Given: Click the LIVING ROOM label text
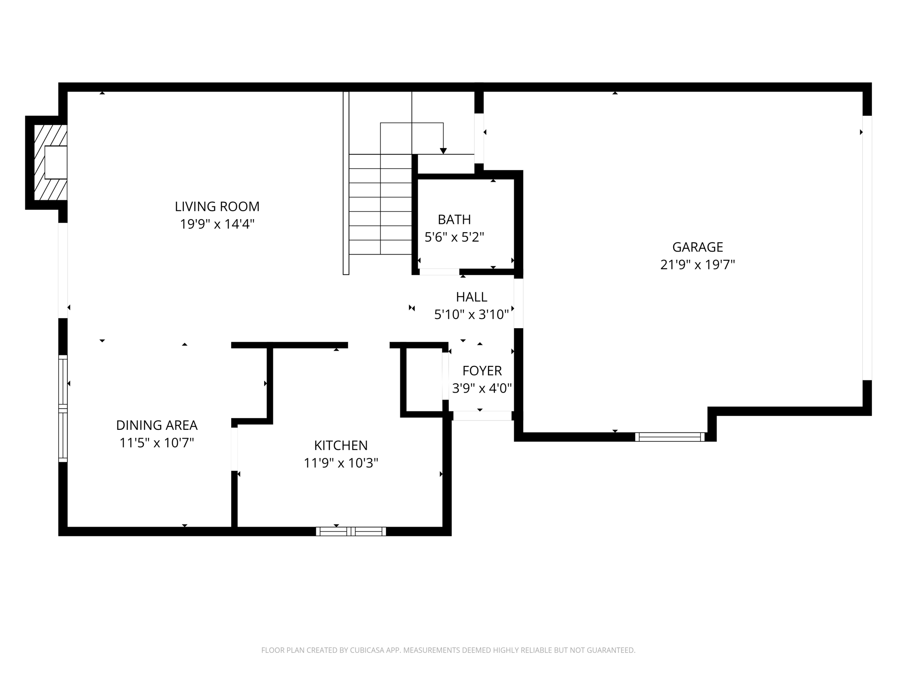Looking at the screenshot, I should coord(217,206).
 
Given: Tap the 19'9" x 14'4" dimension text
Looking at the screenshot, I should coord(217,224).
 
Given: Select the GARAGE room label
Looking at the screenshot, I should coord(697,247).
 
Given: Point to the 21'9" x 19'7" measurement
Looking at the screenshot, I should coord(697,265).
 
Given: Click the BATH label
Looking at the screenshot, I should coord(454,220).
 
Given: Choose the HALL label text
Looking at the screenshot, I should coord(471,297).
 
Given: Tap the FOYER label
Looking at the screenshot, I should coord(482,371).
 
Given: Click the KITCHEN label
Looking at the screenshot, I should coord(341,446).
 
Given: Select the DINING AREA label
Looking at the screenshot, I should coord(157,425).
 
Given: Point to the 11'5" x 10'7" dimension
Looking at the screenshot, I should coord(157,443).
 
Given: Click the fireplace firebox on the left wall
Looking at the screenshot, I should coord(56,163).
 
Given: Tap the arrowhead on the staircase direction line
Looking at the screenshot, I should coord(443,151).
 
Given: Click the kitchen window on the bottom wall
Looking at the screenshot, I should coord(351,531).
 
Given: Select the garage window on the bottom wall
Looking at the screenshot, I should coord(670,437).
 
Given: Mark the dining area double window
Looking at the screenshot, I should coord(63,408).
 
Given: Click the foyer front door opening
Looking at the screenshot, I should coord(482,416).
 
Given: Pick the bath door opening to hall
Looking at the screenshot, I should coord(439,272).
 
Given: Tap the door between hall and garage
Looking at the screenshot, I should coord(518,304).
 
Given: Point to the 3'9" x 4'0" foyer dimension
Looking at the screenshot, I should coord(482,389).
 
